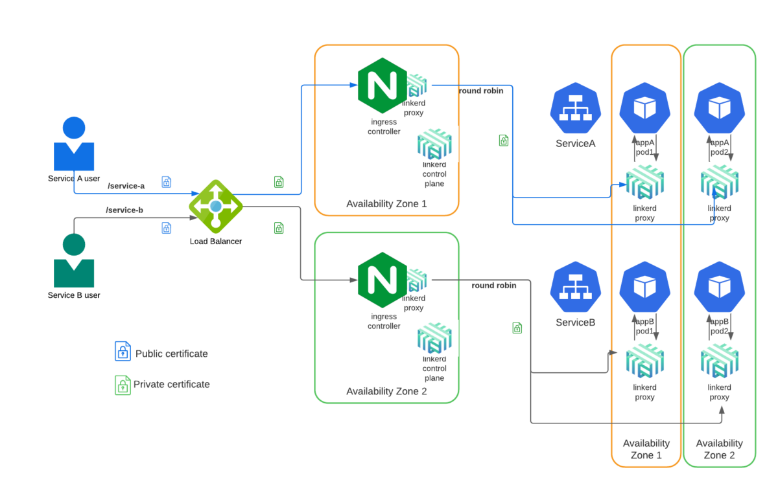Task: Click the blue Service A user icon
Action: click(x=74, y=145)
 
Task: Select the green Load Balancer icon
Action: click(x=216, y=207)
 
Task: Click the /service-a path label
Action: click(x=126, y=186)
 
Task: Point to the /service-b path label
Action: click(x=124, y=210)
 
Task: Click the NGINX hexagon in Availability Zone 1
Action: click(x=383, y=84)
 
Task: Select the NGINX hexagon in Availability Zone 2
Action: click(x=383, y=278)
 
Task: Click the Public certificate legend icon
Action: click(x=123, y=351)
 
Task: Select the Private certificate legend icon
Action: click(x=123, y=385)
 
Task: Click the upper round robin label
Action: click(x=481, y=91)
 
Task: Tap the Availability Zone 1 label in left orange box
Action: click(x=386, y=204)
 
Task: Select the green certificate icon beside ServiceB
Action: click(x=517, y=328)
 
